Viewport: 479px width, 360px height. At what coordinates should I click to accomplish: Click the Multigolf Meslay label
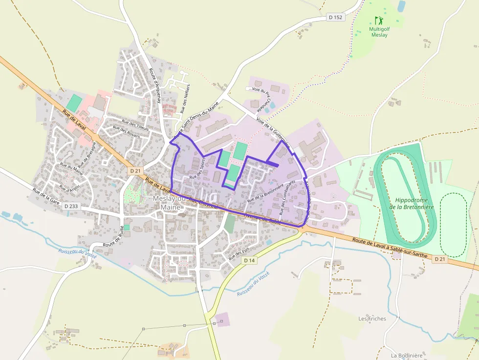[x=379, y=32]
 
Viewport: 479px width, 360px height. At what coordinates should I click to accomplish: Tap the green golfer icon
[x=379, y=21]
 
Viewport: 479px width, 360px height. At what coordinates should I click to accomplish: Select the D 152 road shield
[x=336, y=17]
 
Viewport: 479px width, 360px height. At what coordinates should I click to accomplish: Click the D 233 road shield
[x=71, y=207]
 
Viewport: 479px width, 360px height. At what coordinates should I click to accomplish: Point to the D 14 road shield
[x=249, y=261]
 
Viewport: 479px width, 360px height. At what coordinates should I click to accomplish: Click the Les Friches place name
[x=372, y=319]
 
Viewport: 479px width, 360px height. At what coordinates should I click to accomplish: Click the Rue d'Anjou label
[x=69, y=188]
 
